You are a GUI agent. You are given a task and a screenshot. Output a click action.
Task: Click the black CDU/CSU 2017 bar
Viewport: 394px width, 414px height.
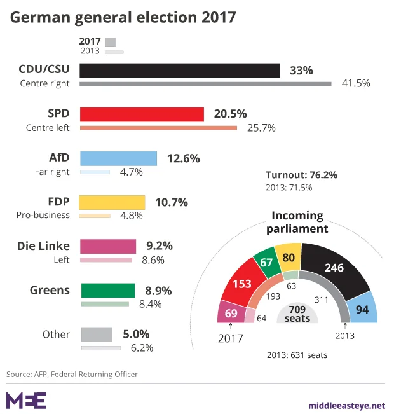[x=179, y=71]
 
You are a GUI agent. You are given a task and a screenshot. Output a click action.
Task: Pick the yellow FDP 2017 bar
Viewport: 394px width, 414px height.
[x=112, y=202]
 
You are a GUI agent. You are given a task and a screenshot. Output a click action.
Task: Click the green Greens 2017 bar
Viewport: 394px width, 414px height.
[x=108, y=291]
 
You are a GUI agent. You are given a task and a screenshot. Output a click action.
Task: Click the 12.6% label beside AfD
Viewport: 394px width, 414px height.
[x=182, y=158]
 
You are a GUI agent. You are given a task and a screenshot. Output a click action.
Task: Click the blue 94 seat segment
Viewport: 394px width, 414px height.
[x=363, y=310]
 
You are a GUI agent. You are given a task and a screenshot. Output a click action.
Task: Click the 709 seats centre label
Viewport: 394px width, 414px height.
[x=297, y=314]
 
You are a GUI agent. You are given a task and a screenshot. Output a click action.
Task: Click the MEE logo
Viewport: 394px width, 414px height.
[x=26, y=401]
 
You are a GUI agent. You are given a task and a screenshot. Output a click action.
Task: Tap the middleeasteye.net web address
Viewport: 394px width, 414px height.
[x=346, y=404]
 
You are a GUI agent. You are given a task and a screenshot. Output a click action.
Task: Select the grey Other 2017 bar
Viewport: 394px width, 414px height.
[x=97, y=335]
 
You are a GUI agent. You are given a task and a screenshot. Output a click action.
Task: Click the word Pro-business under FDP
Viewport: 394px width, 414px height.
[x=43, y=215]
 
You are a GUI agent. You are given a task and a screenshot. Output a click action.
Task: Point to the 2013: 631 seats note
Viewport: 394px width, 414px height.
[x=297, y=355]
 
